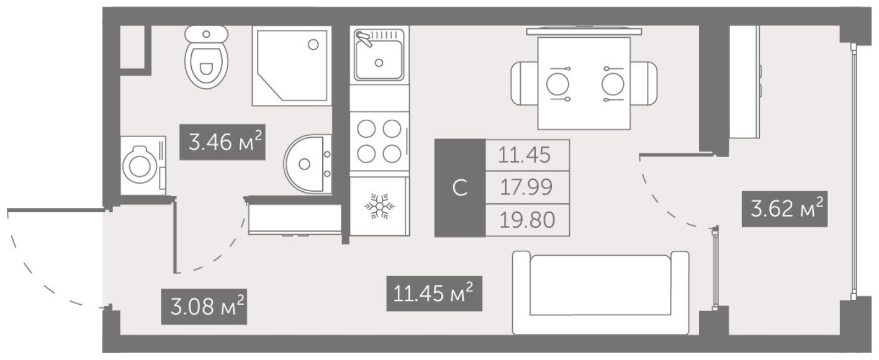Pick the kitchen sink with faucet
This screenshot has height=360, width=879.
[379, 56]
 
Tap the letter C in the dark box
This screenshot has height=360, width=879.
[459, 188]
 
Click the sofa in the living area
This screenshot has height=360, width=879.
[601, 292]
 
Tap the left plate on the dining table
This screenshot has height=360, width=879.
[557, 83]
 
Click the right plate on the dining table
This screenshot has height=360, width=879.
[613, 83]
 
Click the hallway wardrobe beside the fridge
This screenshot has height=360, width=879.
[295, 219]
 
